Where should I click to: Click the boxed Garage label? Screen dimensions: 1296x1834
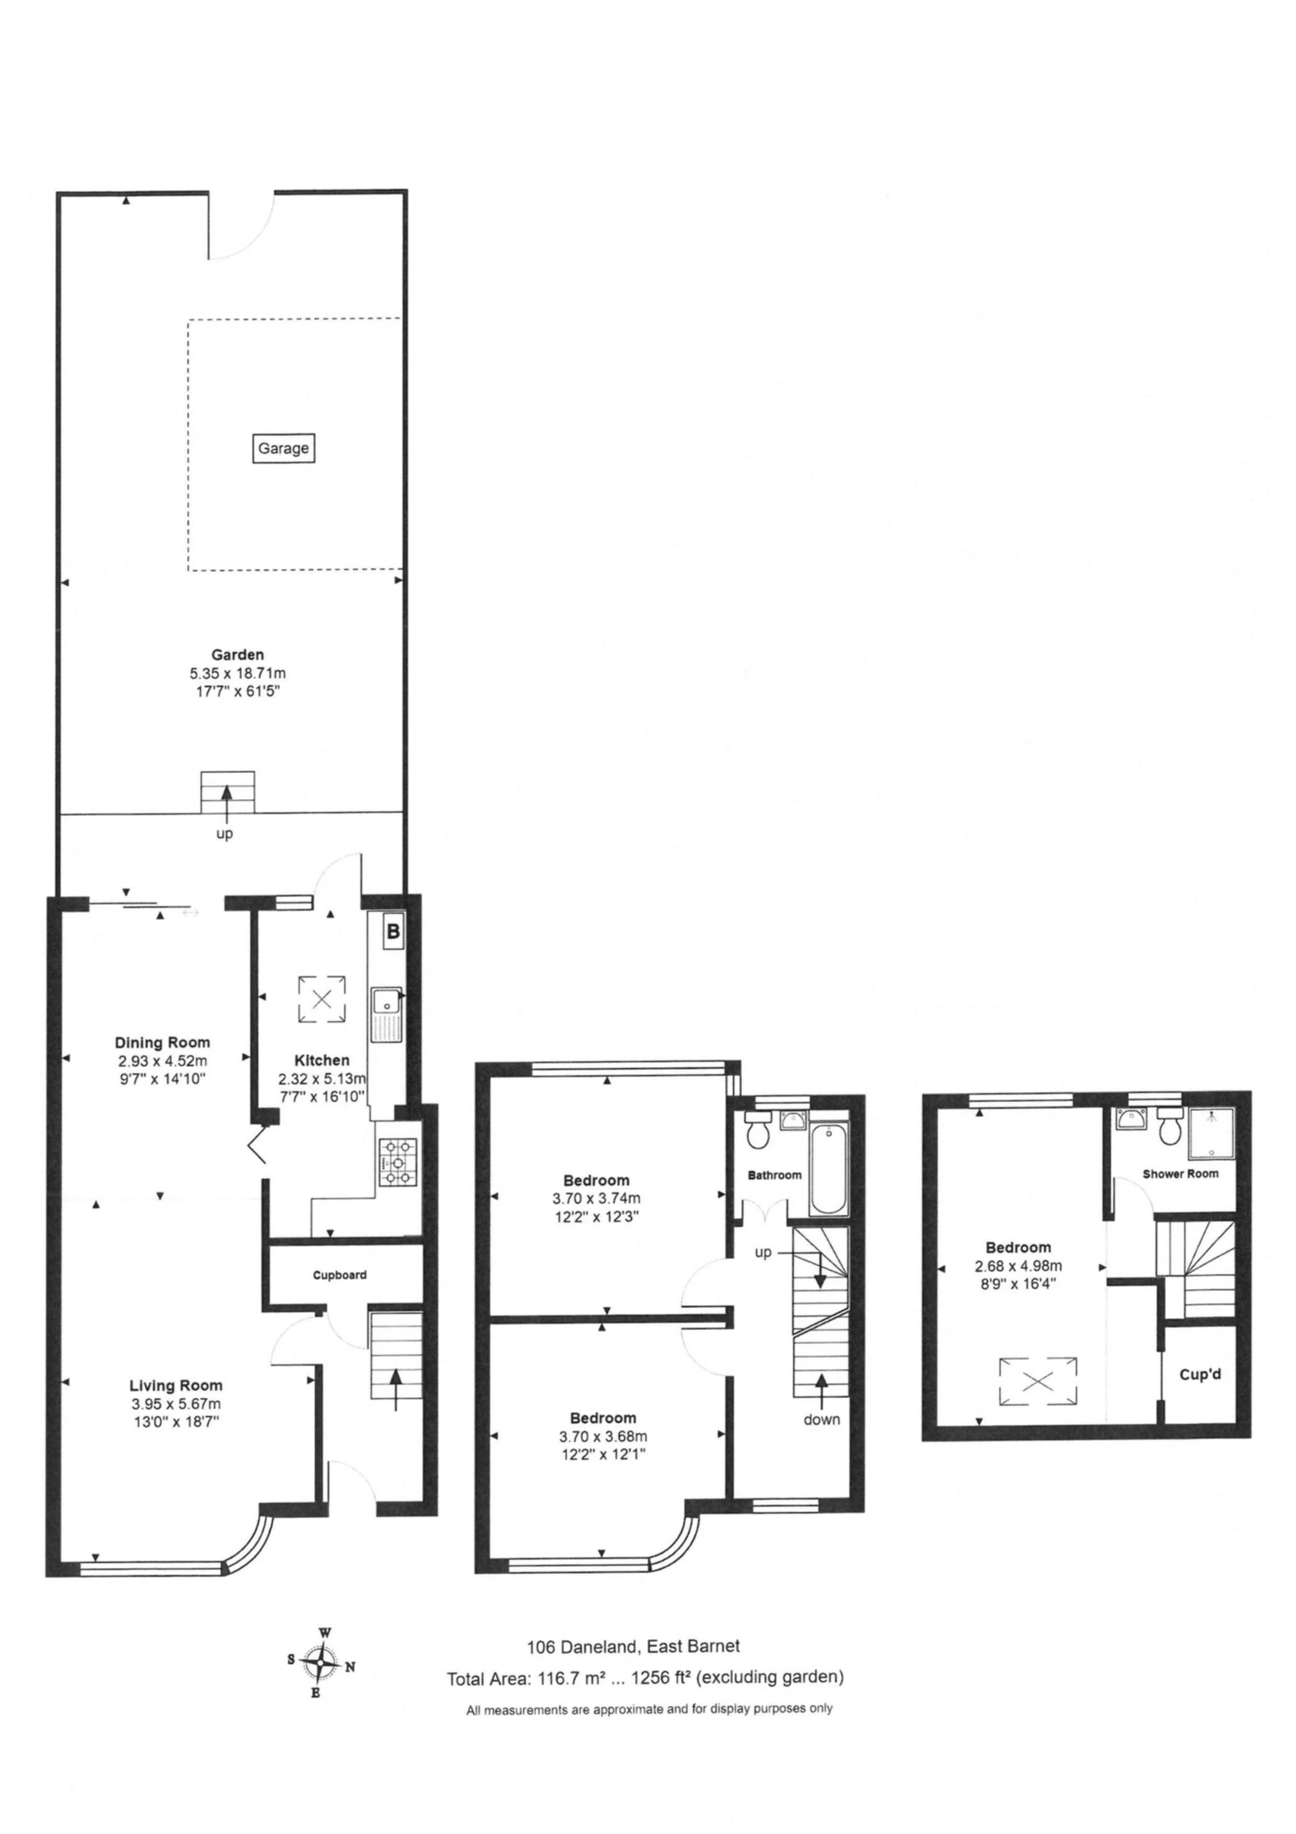(x=283, y=448)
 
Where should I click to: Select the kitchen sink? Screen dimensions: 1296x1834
(x=388, y=1014)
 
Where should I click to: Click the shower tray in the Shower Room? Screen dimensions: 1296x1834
(x=1212, y=1133)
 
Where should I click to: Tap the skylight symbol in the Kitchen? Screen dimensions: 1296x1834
(x=322, y=998)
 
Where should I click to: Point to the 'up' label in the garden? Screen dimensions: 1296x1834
(x=225, y=834)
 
